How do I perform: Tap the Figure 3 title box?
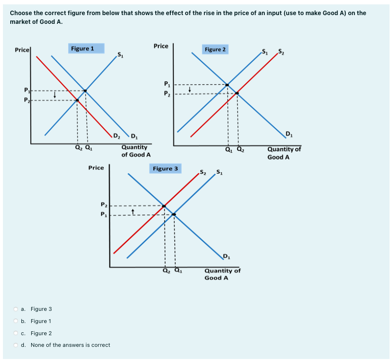pos(165,168)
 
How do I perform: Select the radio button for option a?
pos(16,309)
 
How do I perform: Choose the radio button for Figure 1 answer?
pos(16,321)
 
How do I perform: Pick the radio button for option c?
pos(16,333)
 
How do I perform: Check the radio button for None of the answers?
pos(16,345)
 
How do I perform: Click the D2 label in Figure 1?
pos(116,135)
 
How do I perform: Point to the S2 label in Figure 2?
pos(280,52)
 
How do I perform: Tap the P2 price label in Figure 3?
pos(103,205)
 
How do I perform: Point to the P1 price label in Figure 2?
pos(167,83)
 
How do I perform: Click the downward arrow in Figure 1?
pos(55,95)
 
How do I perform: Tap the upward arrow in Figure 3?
pos(132,210)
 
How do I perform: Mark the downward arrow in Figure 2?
pos(190,89)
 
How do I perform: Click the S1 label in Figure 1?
pos(120,54)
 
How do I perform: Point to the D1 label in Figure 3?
pos(226,257)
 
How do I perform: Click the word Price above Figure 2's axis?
pos(161,46)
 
